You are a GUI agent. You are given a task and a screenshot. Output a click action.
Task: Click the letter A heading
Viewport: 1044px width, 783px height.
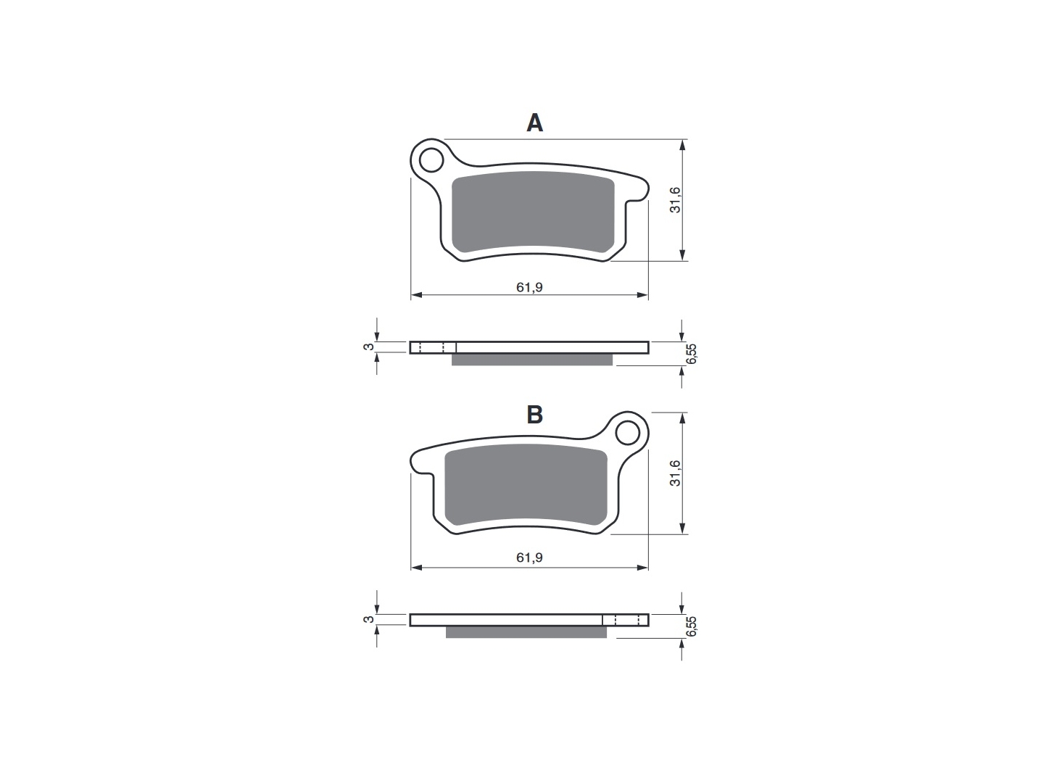pyautogui.click(x=534, y=123)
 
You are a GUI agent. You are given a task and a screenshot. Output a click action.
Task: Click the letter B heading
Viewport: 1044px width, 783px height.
pyautogui.click(x=534, y=415)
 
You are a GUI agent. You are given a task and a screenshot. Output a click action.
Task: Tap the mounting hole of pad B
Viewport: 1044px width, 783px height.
pyautogui.click(x=627, y=433)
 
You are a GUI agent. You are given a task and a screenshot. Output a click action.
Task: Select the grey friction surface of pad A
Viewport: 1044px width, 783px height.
pyautogui.click(x=533, y=212)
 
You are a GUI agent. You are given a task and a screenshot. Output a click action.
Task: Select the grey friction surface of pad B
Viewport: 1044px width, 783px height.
pyautogui.click(x=526, y=484)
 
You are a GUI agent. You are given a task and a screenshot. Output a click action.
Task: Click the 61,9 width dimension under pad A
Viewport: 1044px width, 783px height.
pyautogui.click(x=529, y=287)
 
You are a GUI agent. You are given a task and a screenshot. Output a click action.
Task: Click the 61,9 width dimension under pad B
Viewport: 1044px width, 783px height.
pyautogui.click(x=529, y=558)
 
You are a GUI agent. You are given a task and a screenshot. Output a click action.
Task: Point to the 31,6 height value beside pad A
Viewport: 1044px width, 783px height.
pyautogui.click(x=675, y=200)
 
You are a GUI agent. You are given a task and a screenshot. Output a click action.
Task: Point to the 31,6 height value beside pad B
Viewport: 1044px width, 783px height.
pyautogui.click(x=675, y=473)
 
